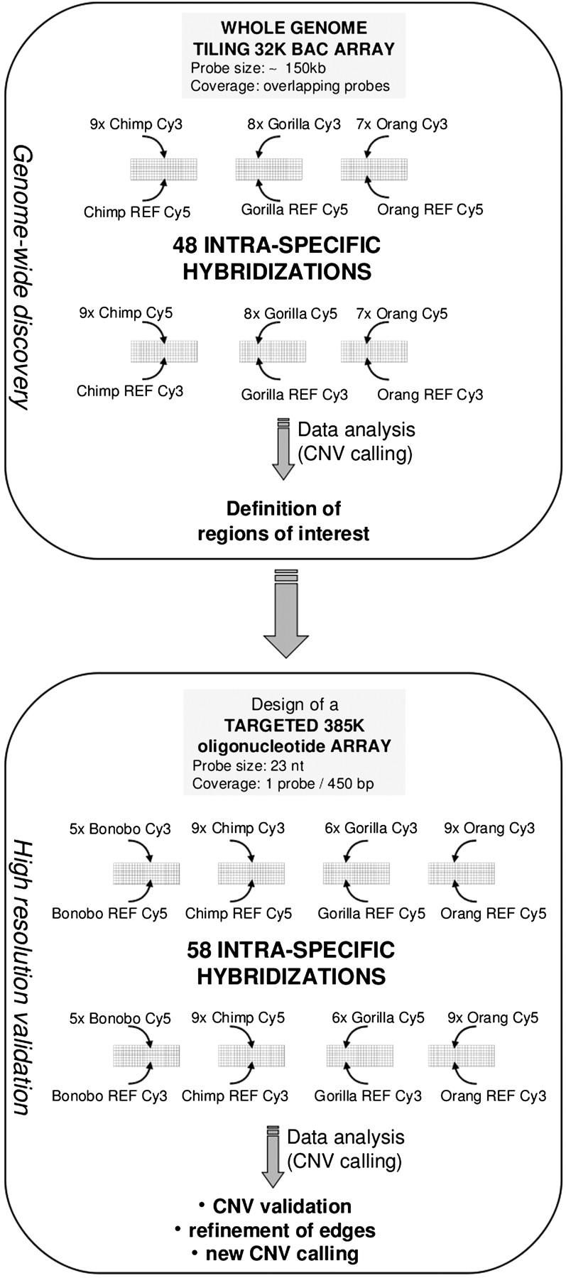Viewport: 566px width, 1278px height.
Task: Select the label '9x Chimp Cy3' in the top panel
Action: [136, 124]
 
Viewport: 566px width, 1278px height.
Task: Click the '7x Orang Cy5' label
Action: [403, 314]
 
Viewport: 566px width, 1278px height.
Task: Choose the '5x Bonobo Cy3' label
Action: [120, 829]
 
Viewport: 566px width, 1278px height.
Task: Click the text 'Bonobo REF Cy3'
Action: [109, 1096]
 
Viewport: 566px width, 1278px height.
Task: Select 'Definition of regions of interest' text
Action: [283, 520]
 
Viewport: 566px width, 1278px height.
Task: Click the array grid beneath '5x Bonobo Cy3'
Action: [146, 873]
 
